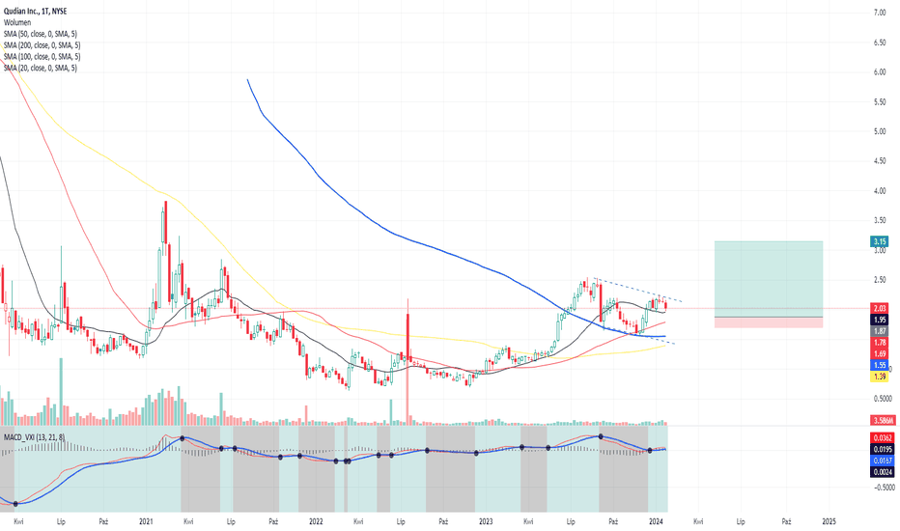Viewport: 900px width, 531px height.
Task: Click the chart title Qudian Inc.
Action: [19, 12]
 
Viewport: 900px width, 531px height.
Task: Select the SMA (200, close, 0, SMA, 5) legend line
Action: [42, 45]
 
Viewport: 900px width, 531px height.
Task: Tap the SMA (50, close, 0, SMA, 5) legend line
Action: [41, 34]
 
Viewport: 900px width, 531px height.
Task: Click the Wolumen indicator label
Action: [17, 22]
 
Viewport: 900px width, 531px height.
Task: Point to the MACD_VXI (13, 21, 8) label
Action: [35, 437]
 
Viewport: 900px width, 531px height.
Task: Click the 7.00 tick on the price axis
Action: [879, 13]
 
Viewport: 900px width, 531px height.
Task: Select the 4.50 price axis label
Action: [879, 161]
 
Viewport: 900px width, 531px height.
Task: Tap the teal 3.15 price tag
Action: [879, 241]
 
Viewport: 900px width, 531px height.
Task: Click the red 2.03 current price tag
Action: [880, 308]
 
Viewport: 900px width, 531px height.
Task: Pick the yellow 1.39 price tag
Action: [880, 377]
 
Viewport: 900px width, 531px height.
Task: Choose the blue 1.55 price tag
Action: [880, 365]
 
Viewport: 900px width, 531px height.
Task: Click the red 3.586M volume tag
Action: [884, 420]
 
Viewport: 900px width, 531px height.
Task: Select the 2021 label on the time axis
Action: [146, 521]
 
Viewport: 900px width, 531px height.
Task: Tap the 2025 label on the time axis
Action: [829, 521]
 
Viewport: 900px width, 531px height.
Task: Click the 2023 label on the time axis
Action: [486, 521]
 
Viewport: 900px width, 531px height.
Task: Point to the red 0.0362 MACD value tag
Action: [883, 438]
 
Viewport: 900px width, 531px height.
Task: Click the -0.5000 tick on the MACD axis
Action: [883, 488]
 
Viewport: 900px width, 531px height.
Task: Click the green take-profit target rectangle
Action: [769, 279]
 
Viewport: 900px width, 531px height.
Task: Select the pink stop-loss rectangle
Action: [769, 322]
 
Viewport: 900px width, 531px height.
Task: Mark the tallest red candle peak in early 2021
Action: [166, 202]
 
